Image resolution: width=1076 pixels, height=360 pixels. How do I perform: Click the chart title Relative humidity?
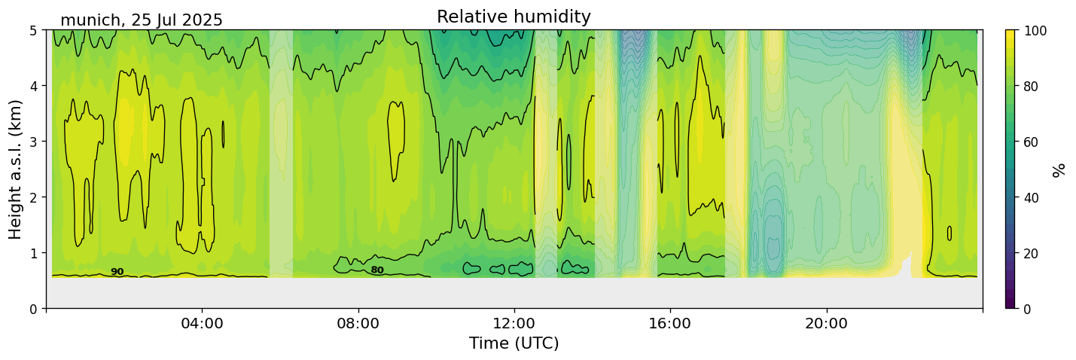tap(514, 17)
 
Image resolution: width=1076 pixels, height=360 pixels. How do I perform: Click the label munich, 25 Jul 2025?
tap(142, 20)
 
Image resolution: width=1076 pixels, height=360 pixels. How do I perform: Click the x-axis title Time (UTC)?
tap(514, 343)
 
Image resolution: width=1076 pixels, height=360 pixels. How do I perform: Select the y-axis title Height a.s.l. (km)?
tap(16, 169)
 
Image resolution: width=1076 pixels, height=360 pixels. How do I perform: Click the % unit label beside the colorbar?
tap(1059, 169)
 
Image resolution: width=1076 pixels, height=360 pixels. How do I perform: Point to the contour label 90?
tap(117, 272)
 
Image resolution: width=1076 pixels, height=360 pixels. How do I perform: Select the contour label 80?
tap(377, 270)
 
